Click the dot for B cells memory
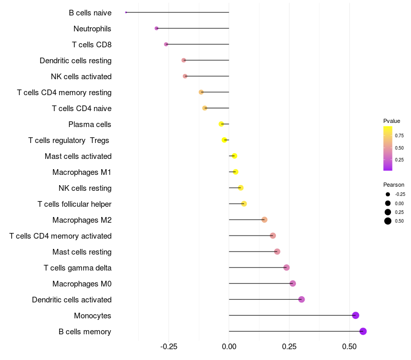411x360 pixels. (x=363, y=331)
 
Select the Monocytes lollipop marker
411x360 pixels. (x=356, y=315)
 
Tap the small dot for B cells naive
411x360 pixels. (x=126, y=12)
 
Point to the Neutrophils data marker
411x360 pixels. (x=157, y=28)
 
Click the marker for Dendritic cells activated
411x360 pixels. (x=302, y=299)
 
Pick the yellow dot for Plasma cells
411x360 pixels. (x=221, y=124)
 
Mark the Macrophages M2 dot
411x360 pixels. (x=265, y=220)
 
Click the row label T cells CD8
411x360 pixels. (x=92, y=45)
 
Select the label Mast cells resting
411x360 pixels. (x=82, y=252)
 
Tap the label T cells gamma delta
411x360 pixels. (x=78, y=268)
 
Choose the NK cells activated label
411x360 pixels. (x=81, y=77)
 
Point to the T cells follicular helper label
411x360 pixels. (x=74, y=204)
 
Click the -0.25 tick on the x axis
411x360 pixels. (x=169, y=347)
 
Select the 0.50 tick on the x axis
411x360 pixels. (x=349, y=347)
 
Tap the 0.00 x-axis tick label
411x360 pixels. (x=229, y=347)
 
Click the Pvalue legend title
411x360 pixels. (x=391, y=121)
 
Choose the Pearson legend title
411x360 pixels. (x=394, y=185)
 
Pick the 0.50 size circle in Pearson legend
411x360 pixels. (x=388, y=221)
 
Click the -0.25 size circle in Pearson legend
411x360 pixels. (x=388, y=194)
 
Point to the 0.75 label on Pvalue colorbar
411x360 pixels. (x=399, y=136)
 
